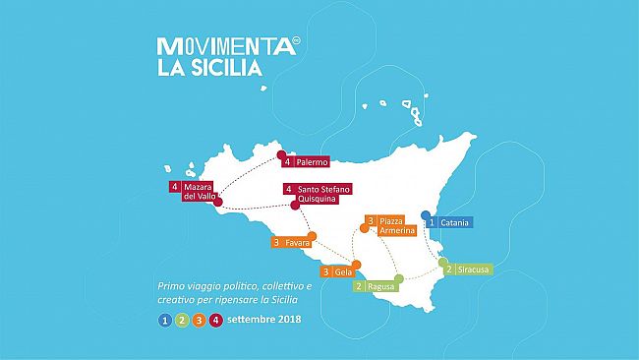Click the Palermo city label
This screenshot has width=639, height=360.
click(x=307, y=160)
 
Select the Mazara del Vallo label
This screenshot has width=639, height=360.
click(x=192, y=191)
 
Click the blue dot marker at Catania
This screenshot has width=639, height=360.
click(x=425, y=214)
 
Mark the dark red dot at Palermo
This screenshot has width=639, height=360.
click(x=280, y=154)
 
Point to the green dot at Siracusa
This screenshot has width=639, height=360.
click(x=443, y=262)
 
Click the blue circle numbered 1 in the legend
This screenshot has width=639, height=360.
click(x=165, y=319)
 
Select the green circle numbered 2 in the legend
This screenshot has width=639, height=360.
click(x=182, y=319)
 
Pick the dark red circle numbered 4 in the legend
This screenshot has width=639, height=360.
click(x=214, y=319)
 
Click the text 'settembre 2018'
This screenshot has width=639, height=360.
click(x=264, y=319)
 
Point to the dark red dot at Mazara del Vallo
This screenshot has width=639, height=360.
click(x=218, y=203)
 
